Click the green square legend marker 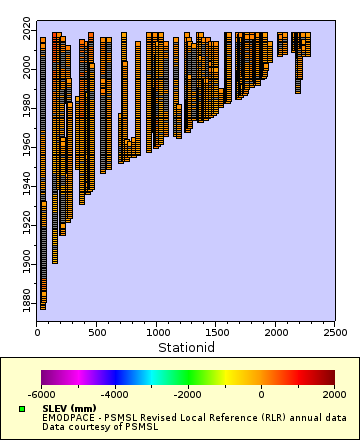[22, 409]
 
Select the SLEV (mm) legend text [68, 408]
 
